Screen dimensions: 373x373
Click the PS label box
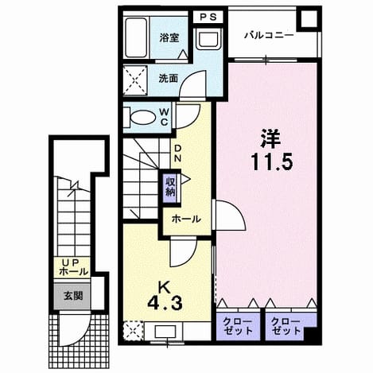tap(208, 17)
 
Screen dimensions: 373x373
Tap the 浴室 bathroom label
tap(169, 38)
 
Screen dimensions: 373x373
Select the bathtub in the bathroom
tap(136, 37)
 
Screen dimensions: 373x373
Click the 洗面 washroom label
tap(168, 79)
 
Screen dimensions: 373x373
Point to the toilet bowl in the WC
tap(142, 117)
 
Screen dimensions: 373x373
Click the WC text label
tap(164, 118)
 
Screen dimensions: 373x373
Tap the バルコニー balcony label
tap(269, 35)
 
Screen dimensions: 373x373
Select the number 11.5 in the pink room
tap(272, 162)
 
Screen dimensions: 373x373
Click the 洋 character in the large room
tap(270, 138)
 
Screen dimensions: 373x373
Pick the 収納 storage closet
tap(171, 187)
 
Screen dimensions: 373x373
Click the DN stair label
tap(177, 153)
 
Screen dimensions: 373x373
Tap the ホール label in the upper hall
tap(186, 219)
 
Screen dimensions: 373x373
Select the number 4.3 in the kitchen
tap(165, 303)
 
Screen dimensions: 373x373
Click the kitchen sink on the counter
tap(165, 331)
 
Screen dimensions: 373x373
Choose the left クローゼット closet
tap(238, 327)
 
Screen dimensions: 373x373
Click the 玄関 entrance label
tap(73, 296)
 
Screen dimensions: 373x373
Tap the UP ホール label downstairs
tap(73, 267)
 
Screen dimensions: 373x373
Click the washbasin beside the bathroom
tap(209, 39)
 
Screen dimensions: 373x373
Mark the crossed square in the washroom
tap(135, 80)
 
